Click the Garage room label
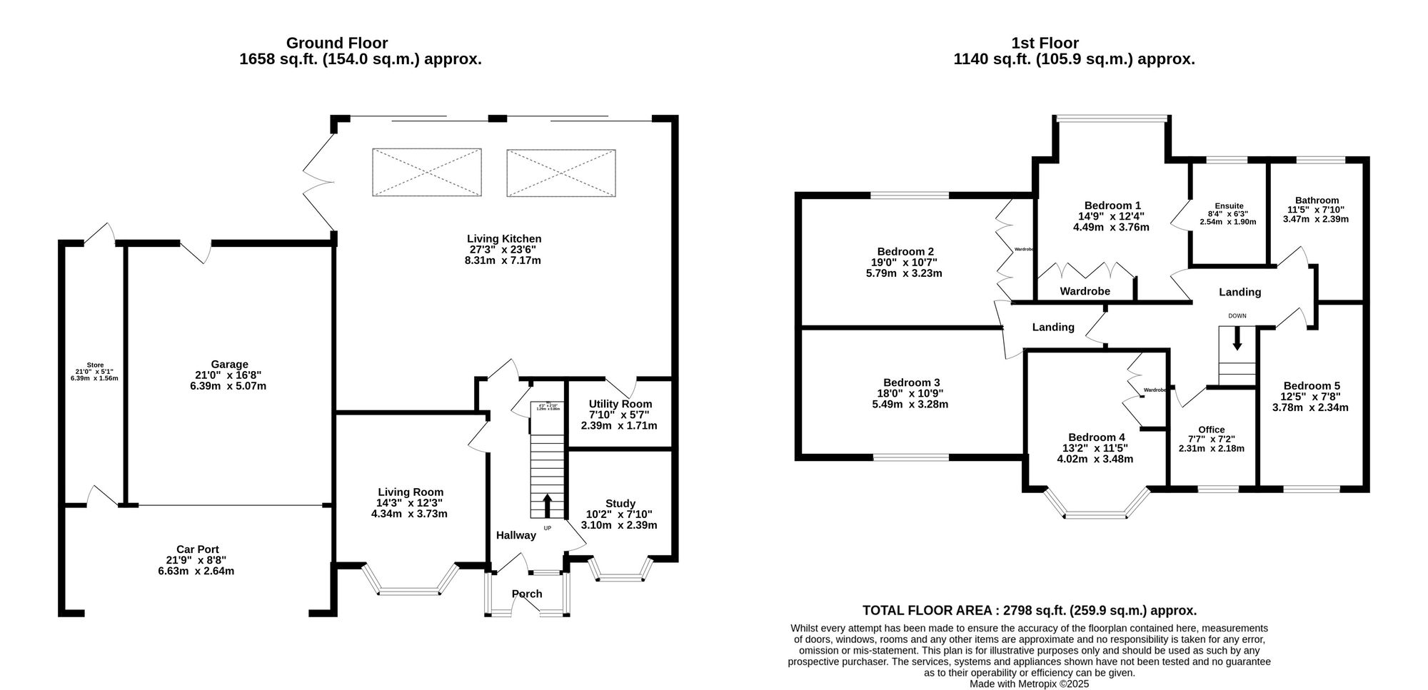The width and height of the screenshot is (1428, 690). click(x=229, y=365)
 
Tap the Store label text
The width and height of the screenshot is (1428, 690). click(x=95, y=365)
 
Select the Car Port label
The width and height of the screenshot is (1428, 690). click(x=197, y=549)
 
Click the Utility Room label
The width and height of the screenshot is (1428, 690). click(x=620, y=404)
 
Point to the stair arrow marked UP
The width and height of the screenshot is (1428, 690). click(x=548, y=505)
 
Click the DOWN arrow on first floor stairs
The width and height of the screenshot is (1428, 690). click(x=1237, y=338)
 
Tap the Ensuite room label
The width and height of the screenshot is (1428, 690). click(x=1229, y=206)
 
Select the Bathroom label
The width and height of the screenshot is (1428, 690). click(x=1317, y=201)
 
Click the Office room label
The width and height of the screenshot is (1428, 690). click(x=1211, y=430)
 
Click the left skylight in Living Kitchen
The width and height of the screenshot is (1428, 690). click(x=426, y=173)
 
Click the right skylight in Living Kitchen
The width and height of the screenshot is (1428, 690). click(x=560, y=173)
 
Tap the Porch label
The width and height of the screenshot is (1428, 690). click(x=527, y=594)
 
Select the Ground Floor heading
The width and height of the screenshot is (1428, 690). click(x=337, y=44)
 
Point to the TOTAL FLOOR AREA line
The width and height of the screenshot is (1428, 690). click(x=1029, y=611)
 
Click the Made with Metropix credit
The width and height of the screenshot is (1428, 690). click(x=1029, y=684)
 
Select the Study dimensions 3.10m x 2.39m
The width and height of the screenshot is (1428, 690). click(x=620, y=525)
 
